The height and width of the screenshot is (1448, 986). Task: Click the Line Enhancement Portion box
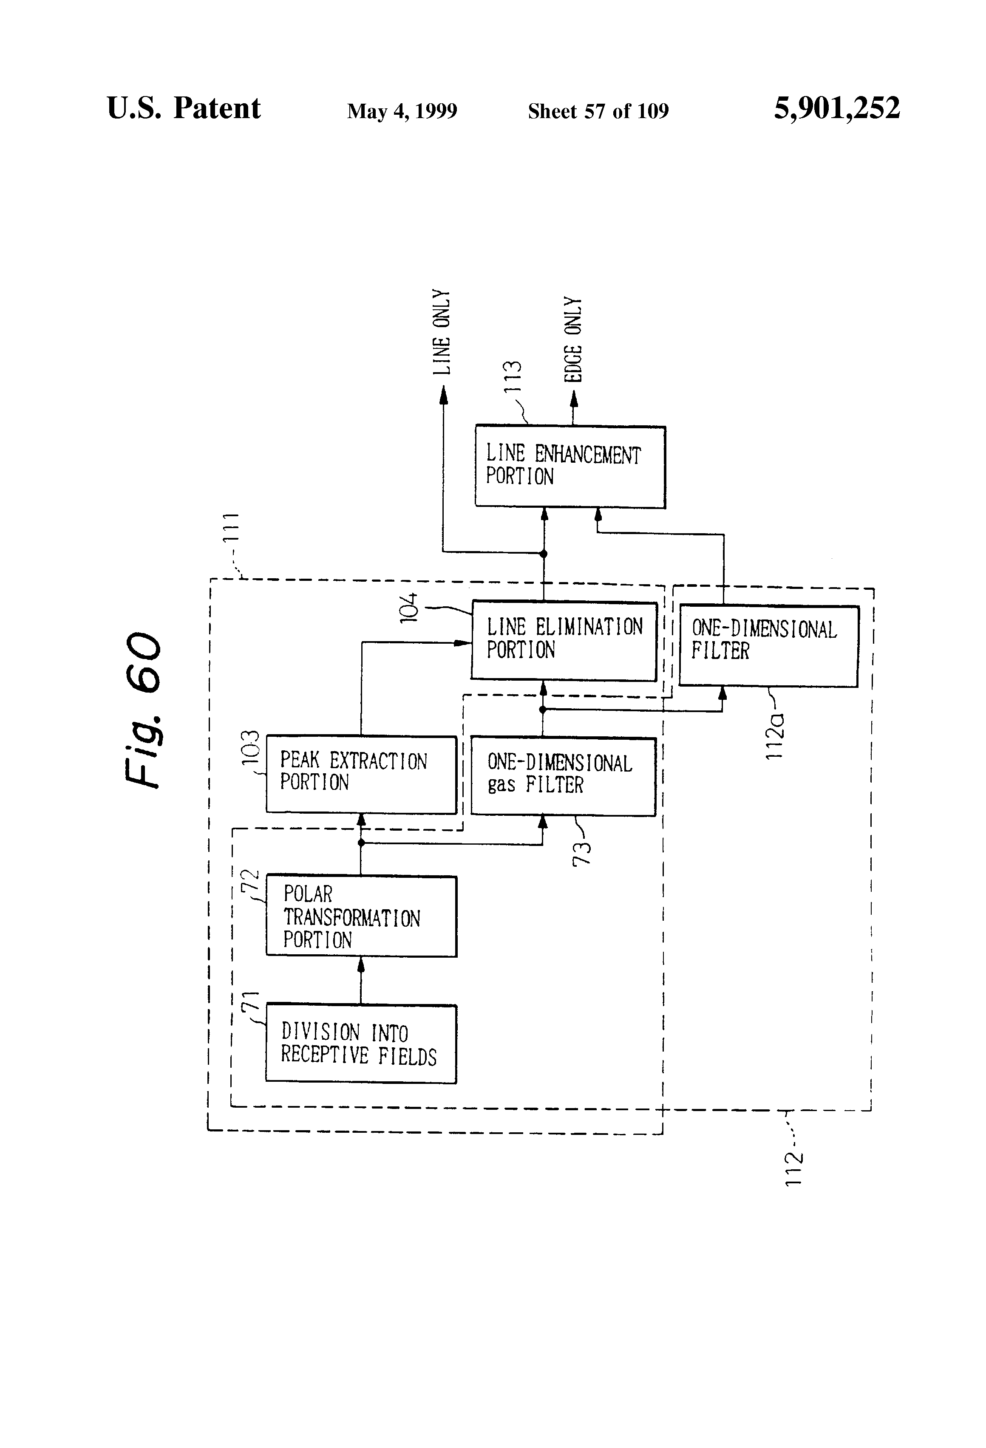(569, 467)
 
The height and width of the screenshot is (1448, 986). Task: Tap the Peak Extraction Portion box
(361, 775)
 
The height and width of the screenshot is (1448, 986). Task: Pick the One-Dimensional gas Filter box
(563, 776)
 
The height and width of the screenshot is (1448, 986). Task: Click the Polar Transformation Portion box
(361, 916)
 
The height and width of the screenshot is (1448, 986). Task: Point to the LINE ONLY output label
(441, 332)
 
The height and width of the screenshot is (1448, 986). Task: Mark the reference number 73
(581, 853)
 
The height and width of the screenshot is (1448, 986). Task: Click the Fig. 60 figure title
(143, 710)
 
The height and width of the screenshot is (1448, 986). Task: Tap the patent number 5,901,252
(836, 108)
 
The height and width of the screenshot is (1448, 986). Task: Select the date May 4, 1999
(402, 111)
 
